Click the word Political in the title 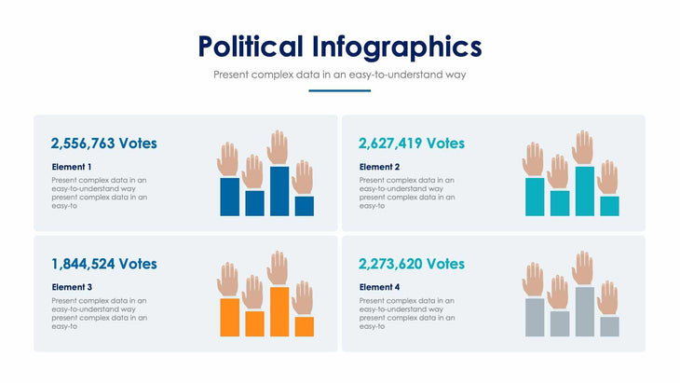[x=251, y=47]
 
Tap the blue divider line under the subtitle [x=339, y=90]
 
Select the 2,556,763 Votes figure [x=104, y=144]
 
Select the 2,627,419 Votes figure [x=411, y=144]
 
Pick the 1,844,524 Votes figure [x=104, y=264]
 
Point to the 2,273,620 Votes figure [x=411, y=264]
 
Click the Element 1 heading [x=73, y=167]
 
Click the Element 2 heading [x=380, y=167]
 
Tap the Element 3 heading [x=73, y=287]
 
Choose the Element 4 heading [x=380, y=287]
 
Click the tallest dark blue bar [x=279, y=191]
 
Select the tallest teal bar [x=584, y=191]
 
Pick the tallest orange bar [x=279, y=311]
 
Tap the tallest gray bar [x=584, y=311]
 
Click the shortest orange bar [x=304, y=326]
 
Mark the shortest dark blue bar [x=304, y=206]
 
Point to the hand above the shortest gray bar [x=608, y=298]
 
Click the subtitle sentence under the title [x=339, y=74]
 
